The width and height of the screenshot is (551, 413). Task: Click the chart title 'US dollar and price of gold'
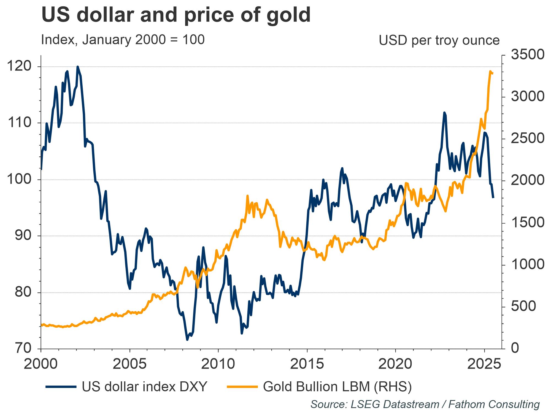[x=176, y=15]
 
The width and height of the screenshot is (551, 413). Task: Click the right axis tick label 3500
[x=528, y=55]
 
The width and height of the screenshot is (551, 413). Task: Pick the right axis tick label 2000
[x=528, y=180]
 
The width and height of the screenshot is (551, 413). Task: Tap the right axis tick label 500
[x=523, y=306]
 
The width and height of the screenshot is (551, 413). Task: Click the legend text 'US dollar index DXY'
[x=144, y=387]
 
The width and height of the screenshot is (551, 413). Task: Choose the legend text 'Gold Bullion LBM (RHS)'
[x=337, y=387]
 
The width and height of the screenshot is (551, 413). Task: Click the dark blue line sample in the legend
[x=61, y=387]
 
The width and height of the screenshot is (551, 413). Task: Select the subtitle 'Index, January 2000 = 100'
[x=123, y=40]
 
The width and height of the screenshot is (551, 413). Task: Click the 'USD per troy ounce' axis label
[x=439, y=40]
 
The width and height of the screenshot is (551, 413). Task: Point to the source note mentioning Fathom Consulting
[x=425, y=404]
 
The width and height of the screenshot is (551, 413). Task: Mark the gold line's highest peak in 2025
[x=490, y=72]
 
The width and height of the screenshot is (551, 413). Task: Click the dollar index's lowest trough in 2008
[x=187, y=339]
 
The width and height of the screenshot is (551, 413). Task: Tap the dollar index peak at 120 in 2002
[x=77, y=67]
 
